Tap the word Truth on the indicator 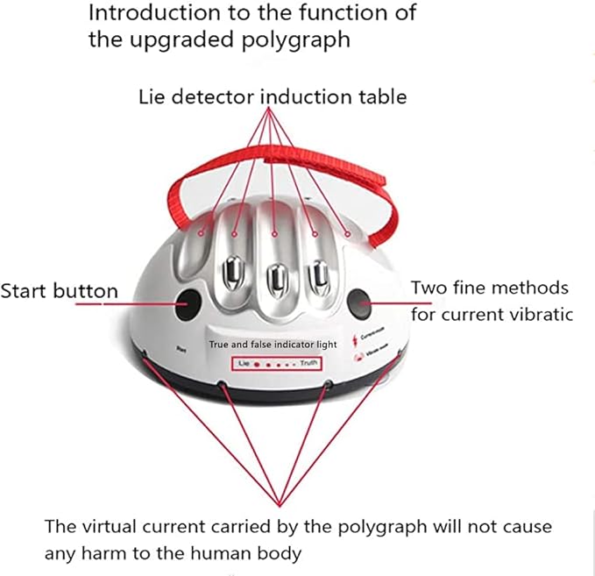coord(305,362)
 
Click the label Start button coord(59,291)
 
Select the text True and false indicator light coord(273,345)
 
